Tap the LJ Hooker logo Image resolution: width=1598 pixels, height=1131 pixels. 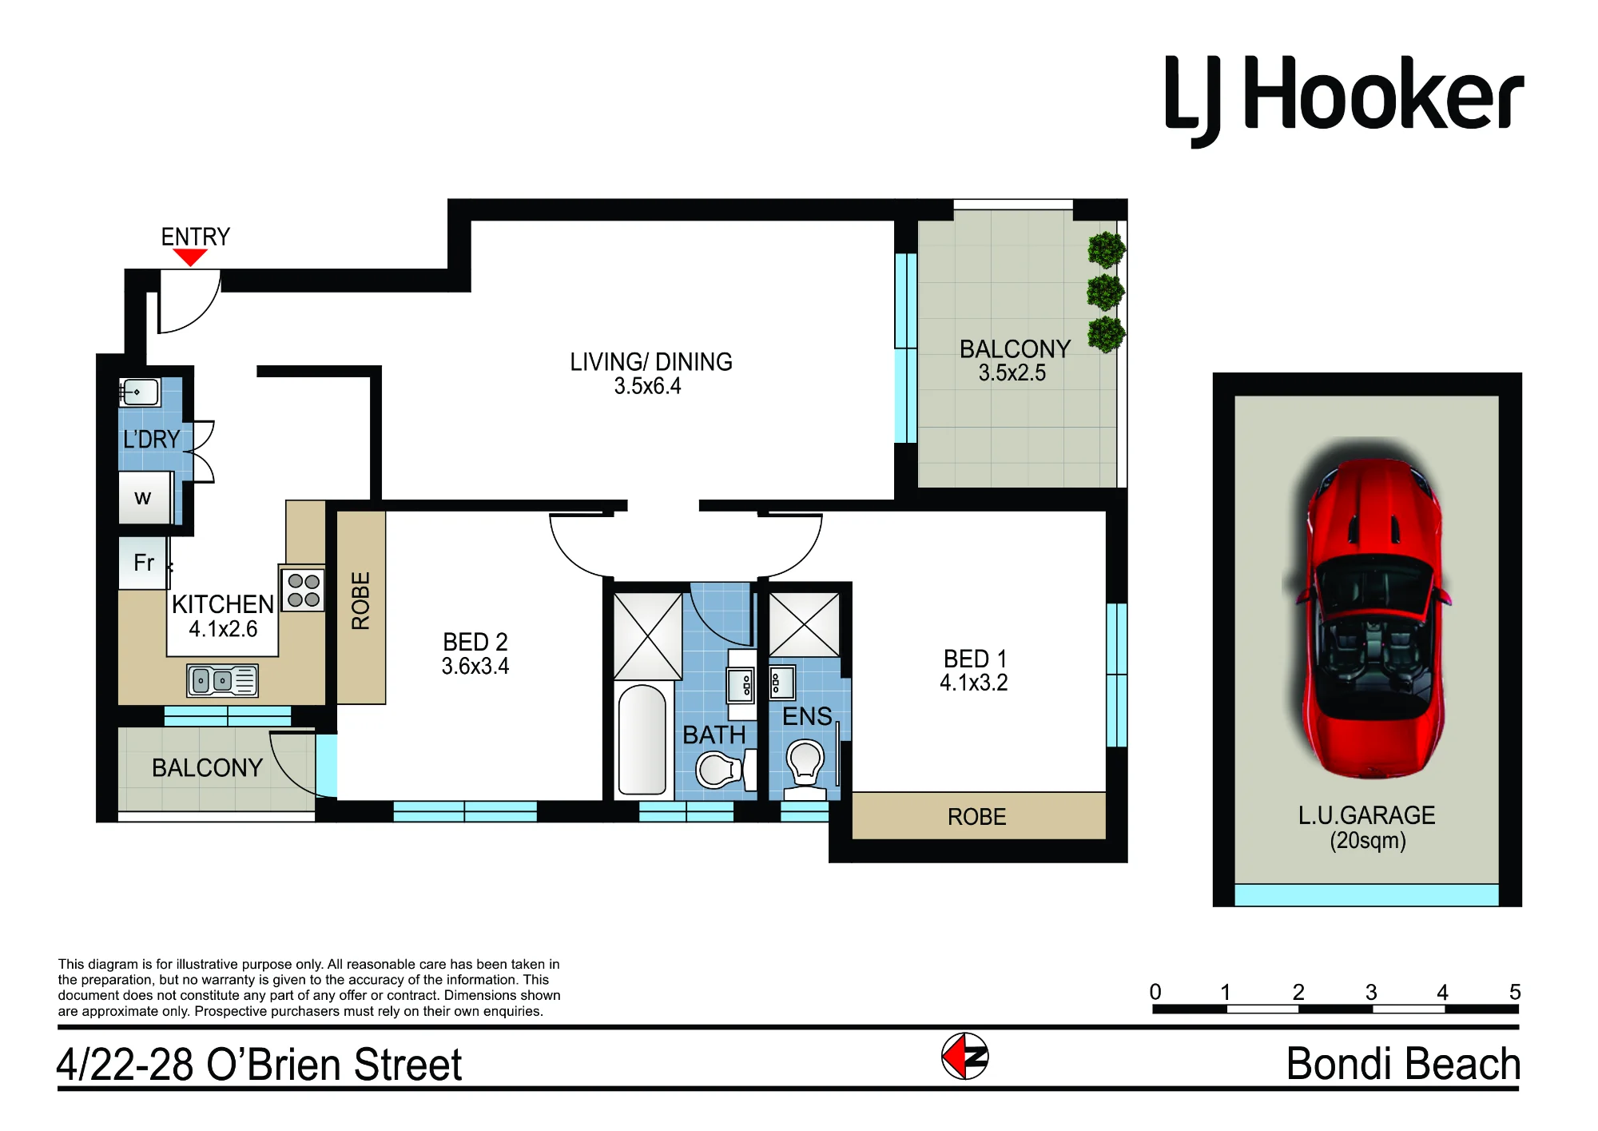tap(1344, 101)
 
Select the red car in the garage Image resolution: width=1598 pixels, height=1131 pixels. tap(1366, 607)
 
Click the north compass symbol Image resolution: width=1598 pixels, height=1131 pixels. tap(965, 1056)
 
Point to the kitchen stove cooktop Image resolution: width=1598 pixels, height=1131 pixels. tap(303, 589)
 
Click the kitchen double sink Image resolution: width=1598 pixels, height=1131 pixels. tap(222, 680)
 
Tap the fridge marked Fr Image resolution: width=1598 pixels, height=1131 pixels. tap(143, 563)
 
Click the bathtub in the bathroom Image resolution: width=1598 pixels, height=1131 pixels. tap(642, 739)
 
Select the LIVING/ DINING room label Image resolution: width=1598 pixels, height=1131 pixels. tap(650, 362)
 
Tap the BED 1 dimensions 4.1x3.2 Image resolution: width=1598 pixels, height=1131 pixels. tap(973, 683)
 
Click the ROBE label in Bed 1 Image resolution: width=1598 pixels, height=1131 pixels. tap(976, 817)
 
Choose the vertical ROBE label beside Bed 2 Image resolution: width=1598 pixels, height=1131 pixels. tap(361, 600)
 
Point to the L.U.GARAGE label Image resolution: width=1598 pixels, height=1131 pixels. tap(1366, 815)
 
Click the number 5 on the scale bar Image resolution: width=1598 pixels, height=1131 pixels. tap(1515, 992)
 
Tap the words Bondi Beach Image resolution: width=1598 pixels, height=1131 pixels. tap(1403, 1064)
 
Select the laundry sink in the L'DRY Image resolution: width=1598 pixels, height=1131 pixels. tap(140, 392)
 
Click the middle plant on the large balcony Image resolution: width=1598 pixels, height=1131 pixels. tap(1106, 293)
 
